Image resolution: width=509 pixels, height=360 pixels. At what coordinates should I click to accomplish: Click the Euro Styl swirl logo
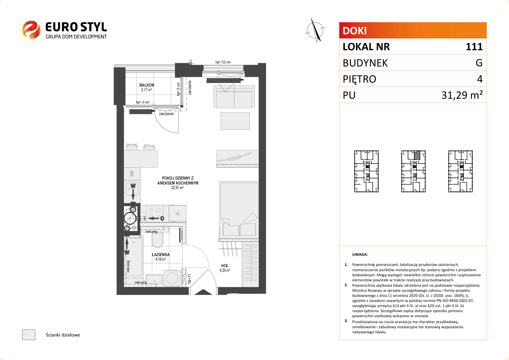31,30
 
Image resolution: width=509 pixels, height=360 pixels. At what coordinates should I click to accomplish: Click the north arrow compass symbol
315,30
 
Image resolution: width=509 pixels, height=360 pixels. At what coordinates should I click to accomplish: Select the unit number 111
474,47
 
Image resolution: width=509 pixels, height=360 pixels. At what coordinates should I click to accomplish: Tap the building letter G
479,63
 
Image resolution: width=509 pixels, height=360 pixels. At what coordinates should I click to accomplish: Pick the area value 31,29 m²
462,95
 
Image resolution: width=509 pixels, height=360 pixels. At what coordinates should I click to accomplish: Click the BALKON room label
147,85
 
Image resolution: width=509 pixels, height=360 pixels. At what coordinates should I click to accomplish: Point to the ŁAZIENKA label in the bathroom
161,254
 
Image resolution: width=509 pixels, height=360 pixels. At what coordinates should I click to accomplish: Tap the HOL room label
225,265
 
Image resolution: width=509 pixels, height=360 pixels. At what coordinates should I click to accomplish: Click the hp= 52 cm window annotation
223,62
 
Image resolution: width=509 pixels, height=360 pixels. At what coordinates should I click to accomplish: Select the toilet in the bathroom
157,240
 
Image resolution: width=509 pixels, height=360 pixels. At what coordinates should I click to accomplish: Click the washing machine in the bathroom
172,277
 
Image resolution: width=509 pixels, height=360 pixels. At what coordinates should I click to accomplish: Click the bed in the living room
239,210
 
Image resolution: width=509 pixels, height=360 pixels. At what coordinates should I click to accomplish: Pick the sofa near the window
234,96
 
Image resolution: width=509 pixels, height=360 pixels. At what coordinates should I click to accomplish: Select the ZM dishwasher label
132,174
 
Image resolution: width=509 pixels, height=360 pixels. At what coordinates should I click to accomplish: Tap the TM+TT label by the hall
190,279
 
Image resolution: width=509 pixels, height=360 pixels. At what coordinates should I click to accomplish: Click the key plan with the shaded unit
413,171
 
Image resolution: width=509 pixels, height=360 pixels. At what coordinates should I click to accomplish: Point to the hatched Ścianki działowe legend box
29,335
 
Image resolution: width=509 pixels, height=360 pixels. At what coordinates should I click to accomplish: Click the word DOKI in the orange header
354,31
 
